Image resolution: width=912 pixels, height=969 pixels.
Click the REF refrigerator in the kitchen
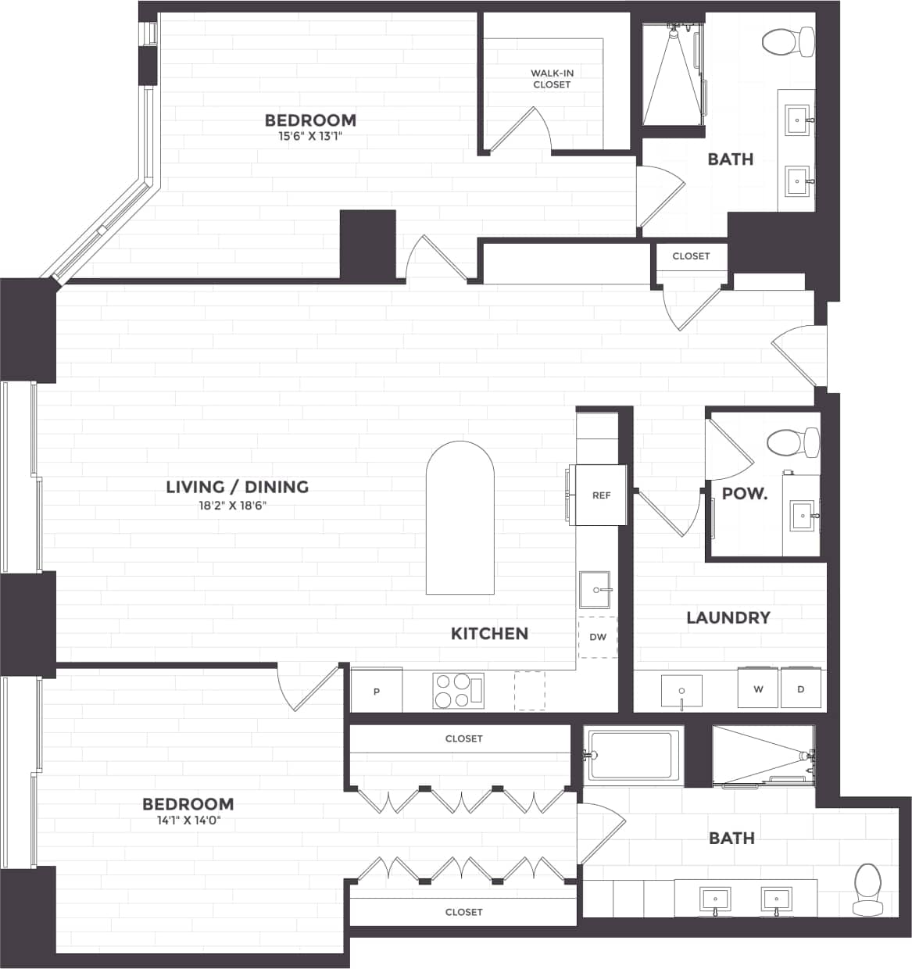599,495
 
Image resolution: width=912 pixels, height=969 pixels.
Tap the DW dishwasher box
598,637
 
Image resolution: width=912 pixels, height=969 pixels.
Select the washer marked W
758,689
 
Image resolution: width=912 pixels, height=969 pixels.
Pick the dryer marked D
800,689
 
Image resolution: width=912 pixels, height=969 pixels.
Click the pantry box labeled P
377,691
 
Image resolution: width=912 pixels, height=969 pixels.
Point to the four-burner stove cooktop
458,691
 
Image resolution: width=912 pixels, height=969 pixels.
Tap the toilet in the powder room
792,442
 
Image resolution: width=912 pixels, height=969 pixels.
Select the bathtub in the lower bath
631,755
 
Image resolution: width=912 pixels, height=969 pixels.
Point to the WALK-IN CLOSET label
552,79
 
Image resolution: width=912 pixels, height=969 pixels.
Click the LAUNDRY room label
728,617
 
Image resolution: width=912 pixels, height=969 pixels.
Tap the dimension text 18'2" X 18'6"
233,506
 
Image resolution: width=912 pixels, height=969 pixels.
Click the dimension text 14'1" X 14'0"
188,821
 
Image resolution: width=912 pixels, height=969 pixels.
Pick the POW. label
744,494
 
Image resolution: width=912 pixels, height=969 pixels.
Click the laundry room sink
681,691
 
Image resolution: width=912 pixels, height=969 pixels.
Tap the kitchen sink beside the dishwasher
595,589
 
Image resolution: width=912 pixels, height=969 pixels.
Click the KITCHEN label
489,633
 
